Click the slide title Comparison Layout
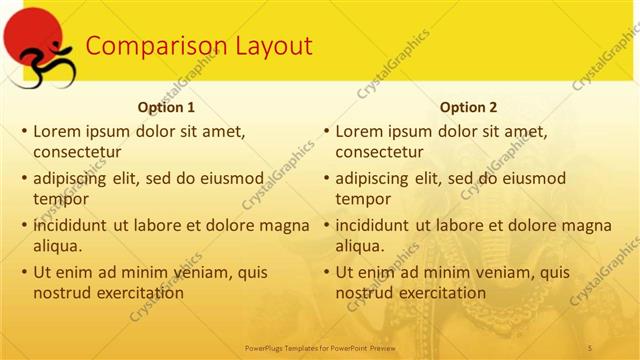click(x=198, y=46)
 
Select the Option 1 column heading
click(x=165, y=107)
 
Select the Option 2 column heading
click(x=467, y=107)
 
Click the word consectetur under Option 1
click(x=77, y=153)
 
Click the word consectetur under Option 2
click(x=379, y=153)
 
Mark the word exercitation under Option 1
click(x=140, y=293)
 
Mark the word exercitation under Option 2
click(x=442, y=293)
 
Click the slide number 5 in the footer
click(x=592, y=347)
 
